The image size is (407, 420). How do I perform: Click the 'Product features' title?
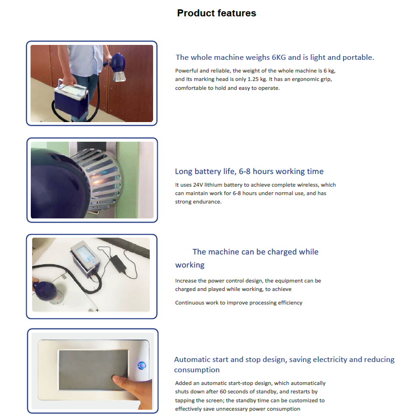pyautogui.click(x=217, y=13)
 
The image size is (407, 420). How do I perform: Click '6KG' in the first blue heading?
pyautogui.click(x=279, y=58)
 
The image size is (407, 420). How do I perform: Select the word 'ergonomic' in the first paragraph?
pyautogui.click(x=305, y=80)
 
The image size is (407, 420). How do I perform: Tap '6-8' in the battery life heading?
pyautogui.click(x=245, y=172)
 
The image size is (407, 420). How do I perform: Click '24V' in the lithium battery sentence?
pyautogui.click(x=198, y=185)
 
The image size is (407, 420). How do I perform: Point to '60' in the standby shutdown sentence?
pyautogui.click(x=223, y=391)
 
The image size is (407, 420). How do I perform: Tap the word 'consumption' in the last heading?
pyautogui.click(x=197, y=370)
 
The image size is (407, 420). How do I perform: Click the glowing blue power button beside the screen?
pyautogui.click(x=141, y=366)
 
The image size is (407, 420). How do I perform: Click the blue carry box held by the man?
pyautogui.click(x=71, y=99)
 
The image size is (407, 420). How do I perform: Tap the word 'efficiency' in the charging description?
pyautogui.click(x=290, y=303)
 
